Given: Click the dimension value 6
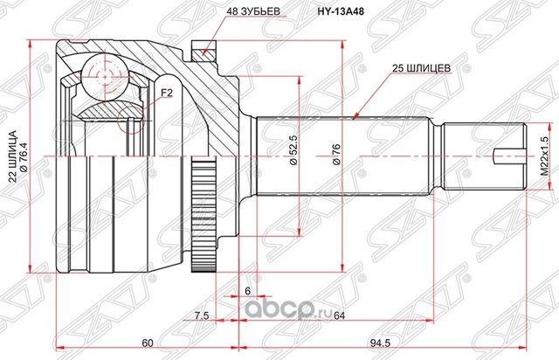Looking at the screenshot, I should pyautogui.click(x=247, y=291).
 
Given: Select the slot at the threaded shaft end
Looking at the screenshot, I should pyautogui.click(x=508, y=158).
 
